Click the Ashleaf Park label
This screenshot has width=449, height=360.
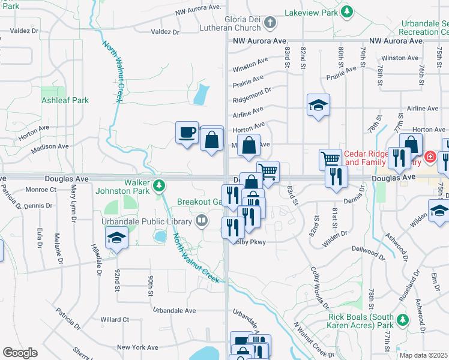pyautogui.click(x=65, y=100)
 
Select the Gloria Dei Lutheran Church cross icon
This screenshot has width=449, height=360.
pyautogui.click(x=271, y=23)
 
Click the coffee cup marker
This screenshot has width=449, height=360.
pyautogui.click(x=187, y=132)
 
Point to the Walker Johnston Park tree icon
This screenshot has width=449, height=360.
pyautogui.click(x=158, y=185)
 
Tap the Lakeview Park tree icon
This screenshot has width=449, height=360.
pyautogui.click(x=346, y=11)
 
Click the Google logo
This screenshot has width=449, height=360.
pyautogui.click(x=20, y=352)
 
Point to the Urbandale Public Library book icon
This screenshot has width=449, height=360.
pyautogui.click(x=202, y=221)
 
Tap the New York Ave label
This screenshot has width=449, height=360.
pyautogui.click(x=137, y=347)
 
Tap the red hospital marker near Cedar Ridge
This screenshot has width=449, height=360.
pyautogui.click(x=429, y=158)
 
